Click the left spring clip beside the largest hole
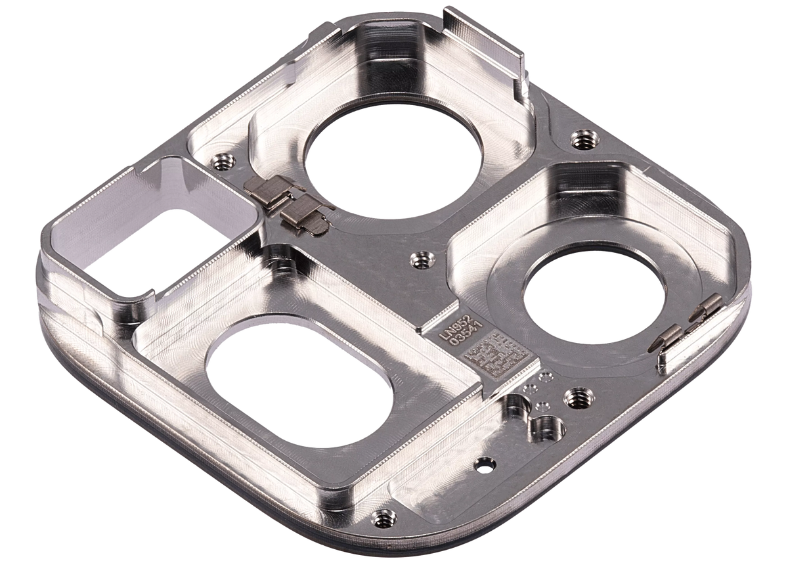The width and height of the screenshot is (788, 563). (x=267, y=194)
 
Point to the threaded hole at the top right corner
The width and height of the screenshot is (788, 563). (x=580, y=139)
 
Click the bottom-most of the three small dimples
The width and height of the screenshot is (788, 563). (x=543, y=405)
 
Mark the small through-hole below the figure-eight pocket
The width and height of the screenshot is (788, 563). (x=487, y=464)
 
